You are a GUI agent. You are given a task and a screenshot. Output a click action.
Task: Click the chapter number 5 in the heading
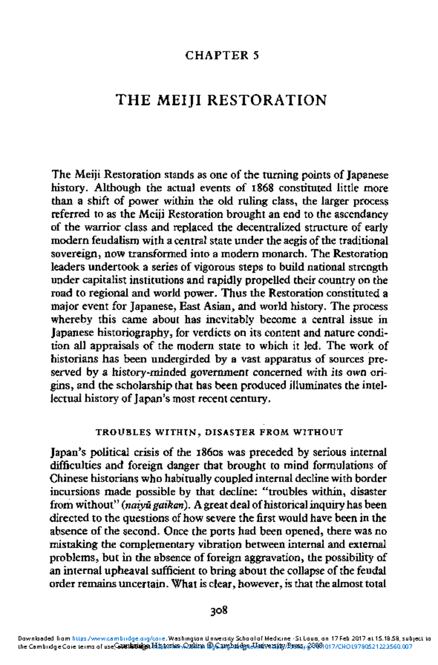(256, 55)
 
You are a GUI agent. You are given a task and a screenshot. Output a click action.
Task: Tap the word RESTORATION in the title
(267, 100)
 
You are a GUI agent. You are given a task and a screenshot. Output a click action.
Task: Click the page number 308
(219, 610)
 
